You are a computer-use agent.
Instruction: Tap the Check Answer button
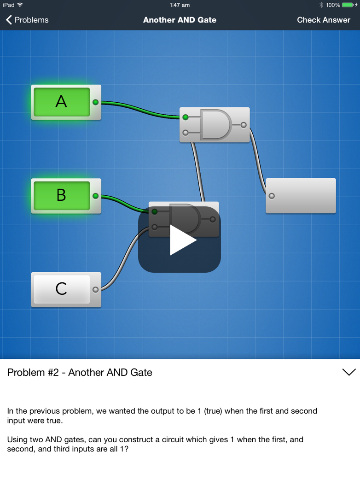coord(324,20)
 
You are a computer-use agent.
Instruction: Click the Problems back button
coord(27,20)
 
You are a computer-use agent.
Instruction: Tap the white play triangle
coord(183,240)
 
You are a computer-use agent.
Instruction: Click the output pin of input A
coord(95,102)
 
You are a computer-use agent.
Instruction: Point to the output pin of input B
coord(95,196)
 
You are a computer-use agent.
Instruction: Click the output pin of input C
coord(95,290)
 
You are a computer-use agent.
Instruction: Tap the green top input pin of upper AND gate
coord(186,117)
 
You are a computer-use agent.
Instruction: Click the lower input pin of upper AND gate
coord(186,133)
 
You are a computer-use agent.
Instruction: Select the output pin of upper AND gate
coord(244,125)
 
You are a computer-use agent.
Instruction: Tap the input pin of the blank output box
coord(272,196)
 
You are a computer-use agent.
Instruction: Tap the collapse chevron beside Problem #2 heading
coord(349,372)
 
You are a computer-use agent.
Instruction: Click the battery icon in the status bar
coord(348,5)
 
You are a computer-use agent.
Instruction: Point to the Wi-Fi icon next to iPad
coord(20,5)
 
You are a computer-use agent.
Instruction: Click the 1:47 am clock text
coord(180,5)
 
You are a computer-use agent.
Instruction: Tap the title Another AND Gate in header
coord(180,20)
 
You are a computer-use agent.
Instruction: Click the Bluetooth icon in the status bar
coord(321,5)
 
